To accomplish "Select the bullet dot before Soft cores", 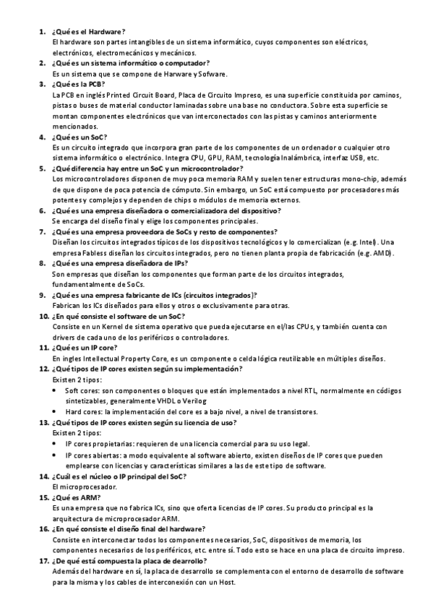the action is coord(57,390).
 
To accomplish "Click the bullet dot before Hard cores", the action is coord(57,411).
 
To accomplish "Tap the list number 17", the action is coord(43,560).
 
